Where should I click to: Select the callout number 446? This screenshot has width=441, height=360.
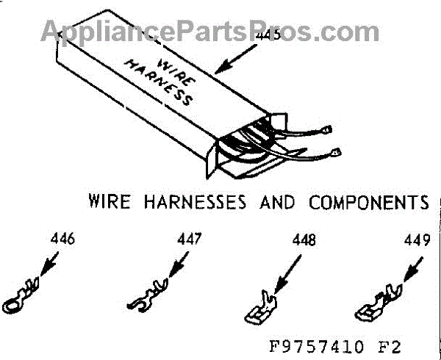click(x=63, y=240)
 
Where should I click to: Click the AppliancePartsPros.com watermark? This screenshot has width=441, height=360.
click(x=198, y=31)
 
